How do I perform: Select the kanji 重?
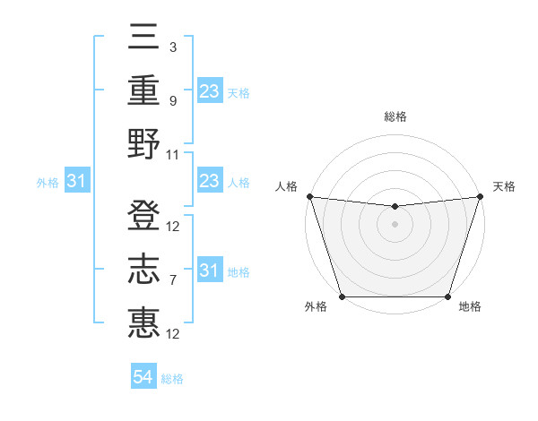143,91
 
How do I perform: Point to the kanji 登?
143,217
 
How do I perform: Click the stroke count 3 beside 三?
172,46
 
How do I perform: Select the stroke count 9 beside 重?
172,100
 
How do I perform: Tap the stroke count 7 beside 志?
172,280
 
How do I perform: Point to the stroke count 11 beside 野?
173,154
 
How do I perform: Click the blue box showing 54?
143,377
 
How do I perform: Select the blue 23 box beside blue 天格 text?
209,91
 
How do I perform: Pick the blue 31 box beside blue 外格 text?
77,182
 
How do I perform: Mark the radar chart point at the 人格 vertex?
309,196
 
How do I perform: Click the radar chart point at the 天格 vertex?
480,196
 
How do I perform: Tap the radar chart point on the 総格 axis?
395,207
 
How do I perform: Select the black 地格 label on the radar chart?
470,307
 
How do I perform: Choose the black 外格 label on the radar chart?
316,307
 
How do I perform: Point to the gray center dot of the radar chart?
395,224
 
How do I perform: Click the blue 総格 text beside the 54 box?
172,379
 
